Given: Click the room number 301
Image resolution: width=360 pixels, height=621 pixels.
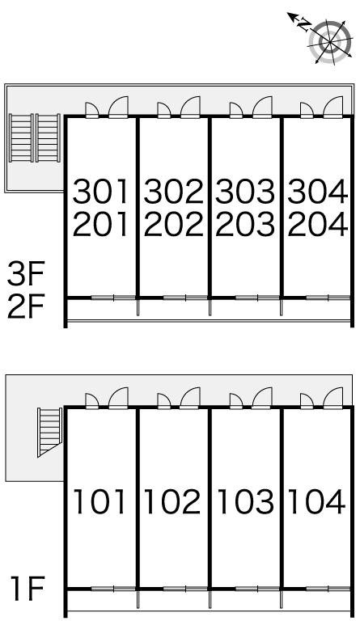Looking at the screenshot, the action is [x=101, y=192].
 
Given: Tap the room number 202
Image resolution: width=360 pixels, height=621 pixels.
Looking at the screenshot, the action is [x=173, y=224].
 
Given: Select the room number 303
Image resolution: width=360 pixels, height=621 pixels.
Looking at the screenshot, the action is [x=245, y=192].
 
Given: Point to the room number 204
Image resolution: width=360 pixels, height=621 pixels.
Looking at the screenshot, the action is [x=318, y=224].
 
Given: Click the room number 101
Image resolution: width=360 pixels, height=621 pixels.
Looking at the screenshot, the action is [x=100, y=502].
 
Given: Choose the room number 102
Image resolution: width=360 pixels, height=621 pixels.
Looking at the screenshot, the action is [x=172, y=502].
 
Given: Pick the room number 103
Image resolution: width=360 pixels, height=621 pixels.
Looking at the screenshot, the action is [x=246, y=502].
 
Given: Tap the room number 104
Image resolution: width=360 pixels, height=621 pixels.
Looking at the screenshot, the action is [x=317, y=502].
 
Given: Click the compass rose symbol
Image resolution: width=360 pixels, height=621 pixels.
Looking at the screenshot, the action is [x=330, y=41].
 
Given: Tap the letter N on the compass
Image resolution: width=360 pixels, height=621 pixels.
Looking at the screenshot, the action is [x=304, y=25].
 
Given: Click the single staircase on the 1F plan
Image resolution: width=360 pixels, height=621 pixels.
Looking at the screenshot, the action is [x=50, y=432].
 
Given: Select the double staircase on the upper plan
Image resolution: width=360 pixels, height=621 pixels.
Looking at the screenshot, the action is [x=35, y=137].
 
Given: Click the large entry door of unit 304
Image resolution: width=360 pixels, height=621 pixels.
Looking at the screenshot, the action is [x=333, y=107].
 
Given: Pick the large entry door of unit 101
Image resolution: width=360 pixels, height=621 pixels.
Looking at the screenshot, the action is [x=118, y=398].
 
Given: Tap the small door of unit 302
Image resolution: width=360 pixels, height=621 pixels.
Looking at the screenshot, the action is [x=163, y=110].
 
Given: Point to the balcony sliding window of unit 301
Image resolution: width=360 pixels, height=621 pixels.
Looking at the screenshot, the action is [x=114, y=298].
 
